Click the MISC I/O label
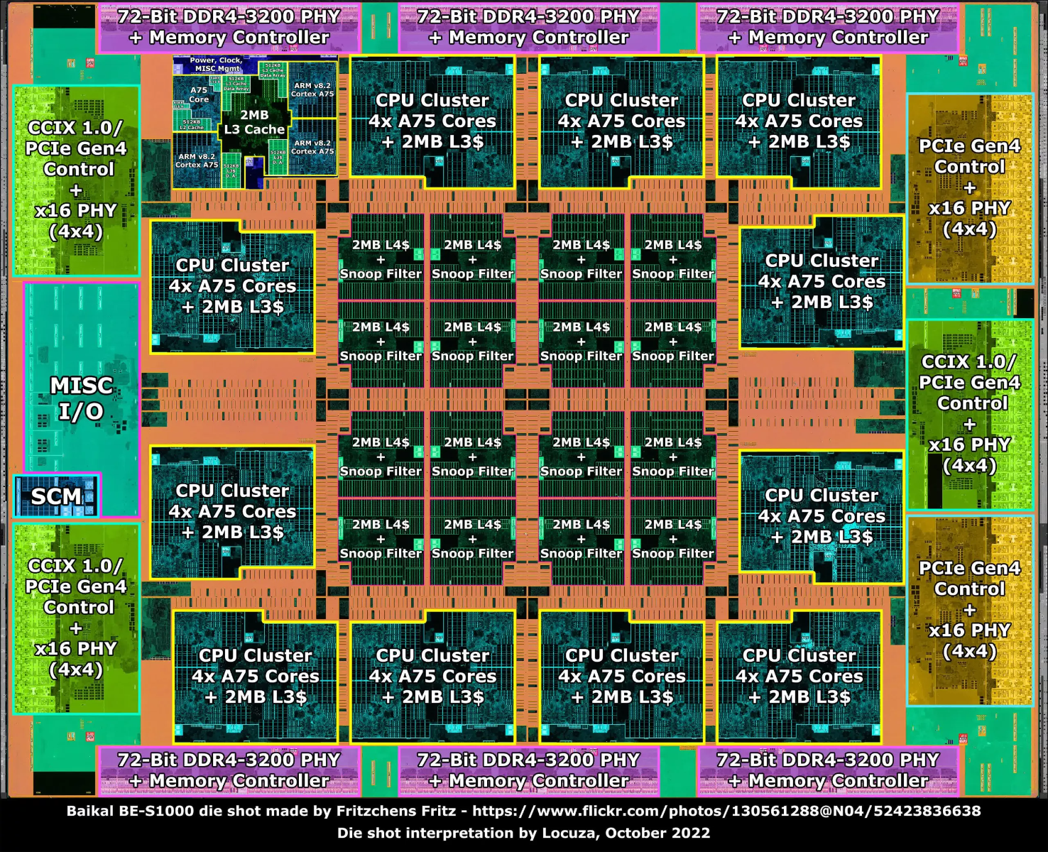tap(81, 398)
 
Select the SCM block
tap(56, 496)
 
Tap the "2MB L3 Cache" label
tap(254, 122)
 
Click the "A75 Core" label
tap(199, 94)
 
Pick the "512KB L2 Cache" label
tap(192, 125)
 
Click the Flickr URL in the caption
tap(726, 811)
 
